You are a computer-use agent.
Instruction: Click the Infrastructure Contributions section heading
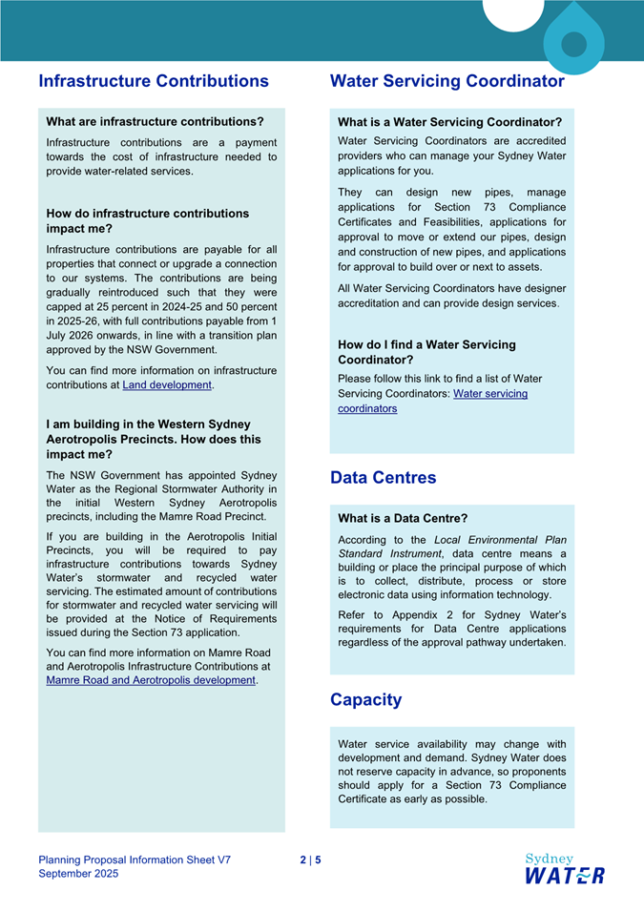pos(154,81)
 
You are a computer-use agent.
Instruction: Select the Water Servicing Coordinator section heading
pos(447,81)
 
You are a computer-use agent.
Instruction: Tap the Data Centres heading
pos(383,478)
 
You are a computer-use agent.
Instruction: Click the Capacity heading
pos(365,699)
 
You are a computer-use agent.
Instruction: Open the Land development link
pos(167,385)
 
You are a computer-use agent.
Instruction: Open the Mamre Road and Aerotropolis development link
pos(151,680)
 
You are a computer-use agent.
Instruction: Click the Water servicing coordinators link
pos(432,401)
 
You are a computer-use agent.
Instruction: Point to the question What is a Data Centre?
pos(403,518)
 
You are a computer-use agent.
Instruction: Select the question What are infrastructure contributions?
pos(155,122)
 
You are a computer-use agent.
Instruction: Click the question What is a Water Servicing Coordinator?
pos(449,122)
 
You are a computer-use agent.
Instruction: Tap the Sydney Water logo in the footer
pos(564,868)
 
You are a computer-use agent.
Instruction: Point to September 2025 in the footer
pos(78,874)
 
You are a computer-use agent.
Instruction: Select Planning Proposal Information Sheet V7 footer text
pos(135,859)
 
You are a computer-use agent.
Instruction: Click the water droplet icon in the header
pos(573,42)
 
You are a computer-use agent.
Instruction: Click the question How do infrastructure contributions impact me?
pos(147,220)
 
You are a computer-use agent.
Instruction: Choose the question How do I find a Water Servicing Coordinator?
pos(426,352)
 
